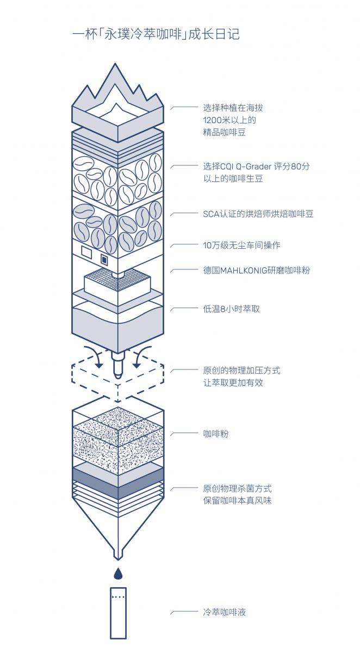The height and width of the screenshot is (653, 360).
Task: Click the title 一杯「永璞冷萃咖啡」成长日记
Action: pyautogui.click(x=156, y=34)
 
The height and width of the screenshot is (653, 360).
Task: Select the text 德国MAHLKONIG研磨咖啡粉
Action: pyautogui.click(x=256, y=270)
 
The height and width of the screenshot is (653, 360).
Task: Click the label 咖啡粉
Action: pyautogui.click(x=216, y=434)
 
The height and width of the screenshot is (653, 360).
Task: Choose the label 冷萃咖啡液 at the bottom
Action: pyautogui.click(x=225, y=612)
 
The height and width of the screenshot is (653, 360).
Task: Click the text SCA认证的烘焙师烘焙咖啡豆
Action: pyautogui.click(x=258, y=213)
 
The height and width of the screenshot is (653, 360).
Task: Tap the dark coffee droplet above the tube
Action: pyautogui.click(x=118, y=573)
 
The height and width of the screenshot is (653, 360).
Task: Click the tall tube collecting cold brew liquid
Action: pyautogui.click(x=118, y=612)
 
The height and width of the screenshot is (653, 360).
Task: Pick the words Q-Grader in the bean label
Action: pyautogui.click(x=255, y=167)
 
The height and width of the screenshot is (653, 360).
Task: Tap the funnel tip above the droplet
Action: pyautogui.click(x=118, y=555)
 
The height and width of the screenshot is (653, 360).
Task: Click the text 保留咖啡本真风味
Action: pyautogui.click(x=237, y=500)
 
